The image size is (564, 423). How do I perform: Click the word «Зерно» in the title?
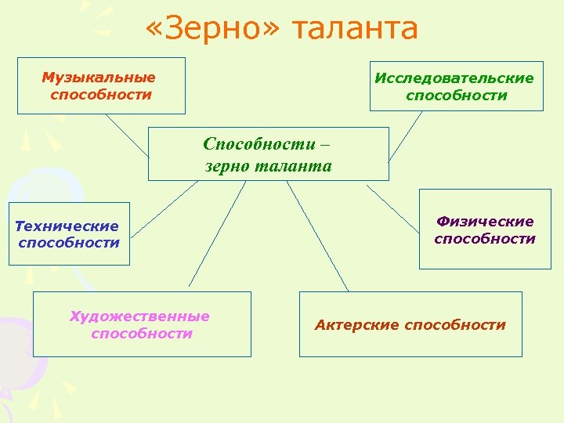click(x=211, y=29)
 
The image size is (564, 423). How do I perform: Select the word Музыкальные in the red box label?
click(x=99, y=78)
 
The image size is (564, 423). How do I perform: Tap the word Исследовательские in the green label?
click(x=454, y=78)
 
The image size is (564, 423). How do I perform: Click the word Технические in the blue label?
click(x=67, y=226)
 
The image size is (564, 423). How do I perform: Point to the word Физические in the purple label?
click(x=485, y=222)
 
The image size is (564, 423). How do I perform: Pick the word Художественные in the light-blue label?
click(x=140, y=316)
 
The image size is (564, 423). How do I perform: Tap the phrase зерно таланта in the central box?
click(x=268, y=166)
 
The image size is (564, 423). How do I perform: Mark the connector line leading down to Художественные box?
click(x=216, y=236)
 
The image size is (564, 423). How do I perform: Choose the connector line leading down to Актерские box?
click(x=317, y=236)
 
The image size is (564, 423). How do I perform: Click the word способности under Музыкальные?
click(x=101, y=95)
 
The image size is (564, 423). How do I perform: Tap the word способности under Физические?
click(x=485, y=239)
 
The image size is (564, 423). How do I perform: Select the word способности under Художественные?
click(x=141, y=334)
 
